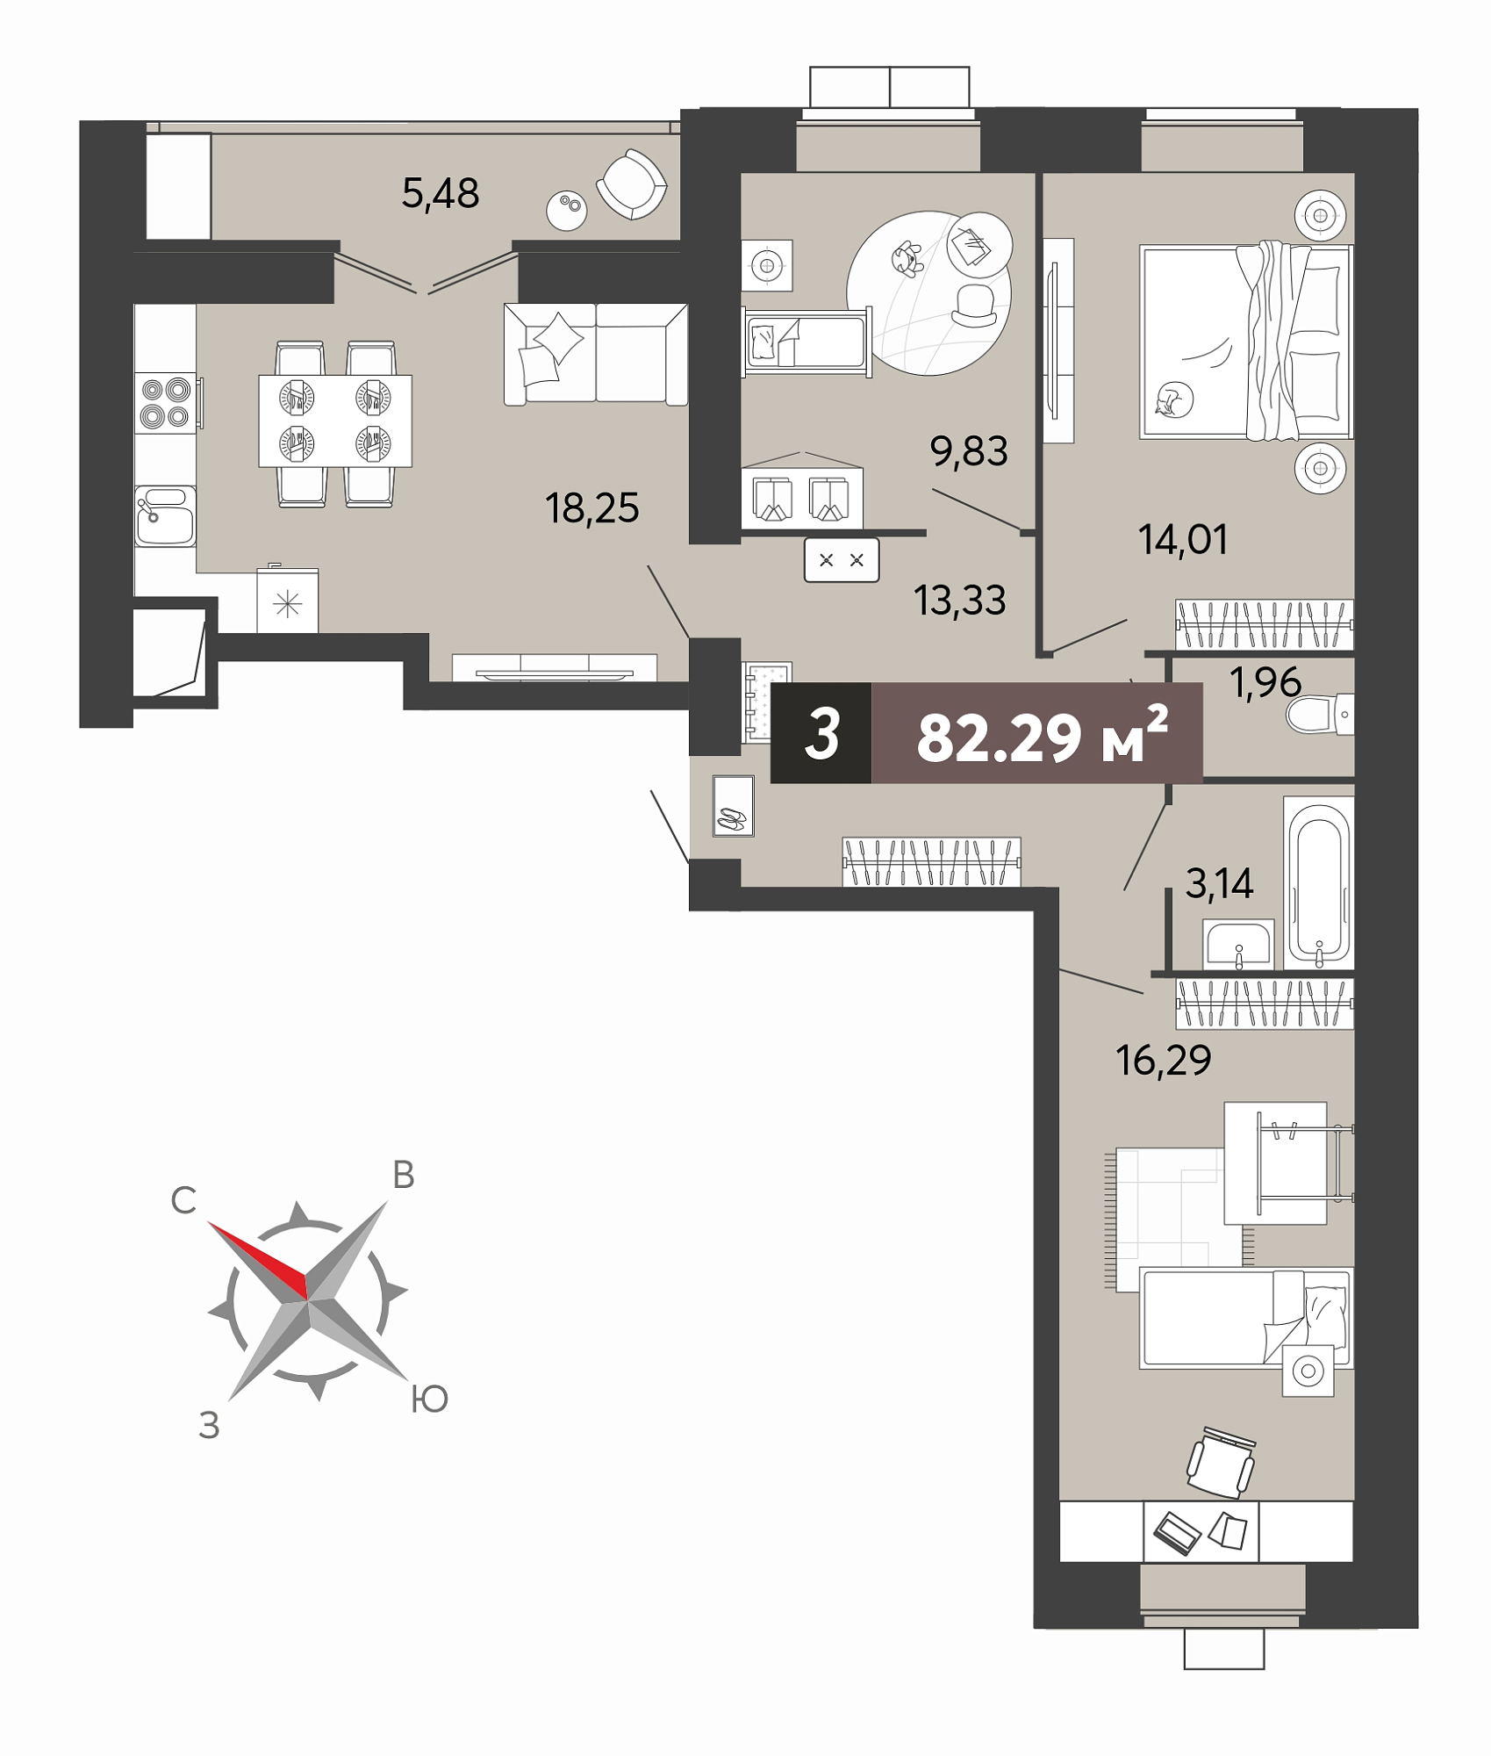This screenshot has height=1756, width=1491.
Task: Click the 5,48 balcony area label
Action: coord(441,193)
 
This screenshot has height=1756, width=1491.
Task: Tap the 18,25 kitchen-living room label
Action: coord(592,507)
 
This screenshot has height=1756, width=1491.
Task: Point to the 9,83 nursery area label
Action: coord(969,451)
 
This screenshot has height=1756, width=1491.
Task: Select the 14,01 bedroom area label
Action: coord(1183,539)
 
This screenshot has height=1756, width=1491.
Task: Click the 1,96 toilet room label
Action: coord(1265,682)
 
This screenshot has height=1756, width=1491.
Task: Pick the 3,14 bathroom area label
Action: coord(1219,883)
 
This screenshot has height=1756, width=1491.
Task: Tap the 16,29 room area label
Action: coord(1164,1061)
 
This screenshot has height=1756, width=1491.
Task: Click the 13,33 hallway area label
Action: coord(959,601)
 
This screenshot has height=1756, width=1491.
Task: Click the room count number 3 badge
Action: coord(822,734)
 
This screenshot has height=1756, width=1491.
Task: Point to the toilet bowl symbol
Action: coord(1320,715)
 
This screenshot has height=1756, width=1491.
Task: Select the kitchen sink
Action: coord(166,515)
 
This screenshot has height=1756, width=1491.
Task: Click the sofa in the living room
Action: coord(596,354)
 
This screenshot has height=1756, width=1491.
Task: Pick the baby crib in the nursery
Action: coord(806,342)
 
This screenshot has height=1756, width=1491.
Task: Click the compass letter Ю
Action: coord(430,1400)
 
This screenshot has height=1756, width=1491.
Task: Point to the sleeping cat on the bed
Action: coord(1172,400)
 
